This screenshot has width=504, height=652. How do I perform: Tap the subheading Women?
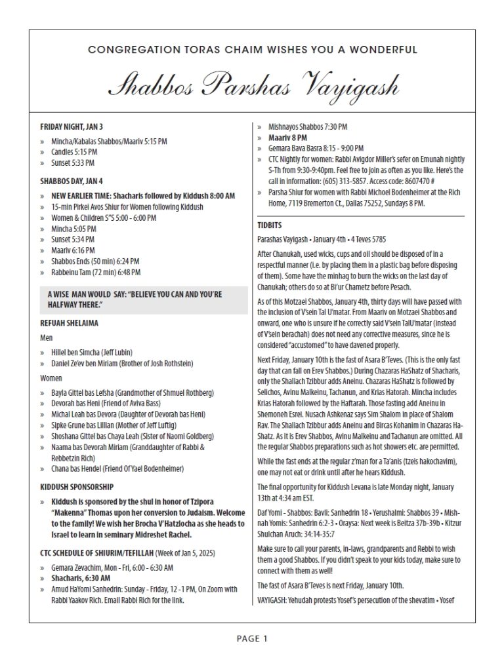[x=51, y=378]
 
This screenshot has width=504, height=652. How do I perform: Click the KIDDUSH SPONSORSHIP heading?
[x=77, y=487]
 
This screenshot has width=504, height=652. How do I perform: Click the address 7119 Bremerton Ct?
[x=306, y=203]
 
